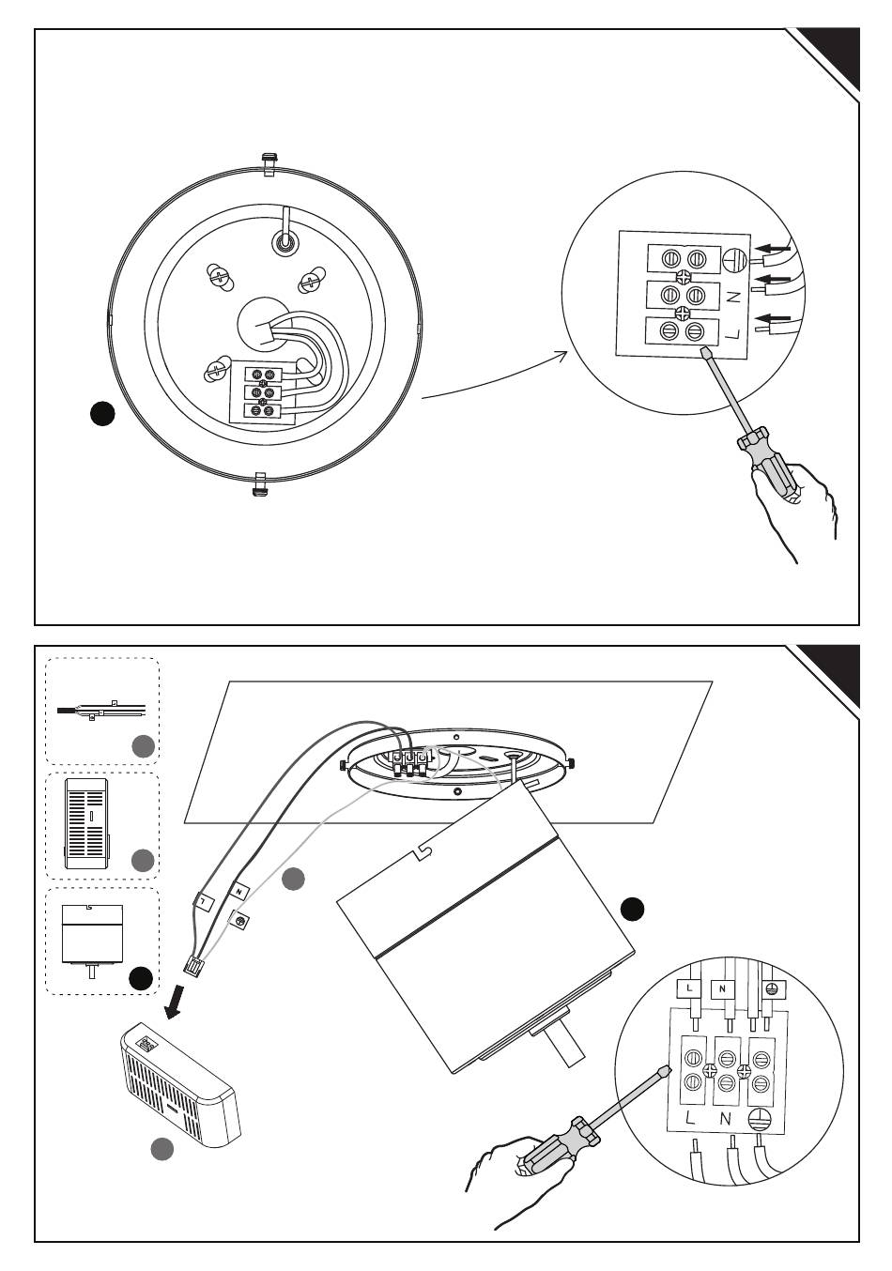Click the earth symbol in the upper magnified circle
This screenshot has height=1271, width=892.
point(732,260)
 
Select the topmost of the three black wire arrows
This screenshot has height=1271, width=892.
point(776,248)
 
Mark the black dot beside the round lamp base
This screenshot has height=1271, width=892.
point(102,414)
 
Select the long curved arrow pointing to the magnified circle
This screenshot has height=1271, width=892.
point(494,382)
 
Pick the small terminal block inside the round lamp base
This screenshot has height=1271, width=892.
point(263,391)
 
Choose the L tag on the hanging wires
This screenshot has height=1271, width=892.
point(205,900)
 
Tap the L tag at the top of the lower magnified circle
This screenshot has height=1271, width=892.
point(689,988)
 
